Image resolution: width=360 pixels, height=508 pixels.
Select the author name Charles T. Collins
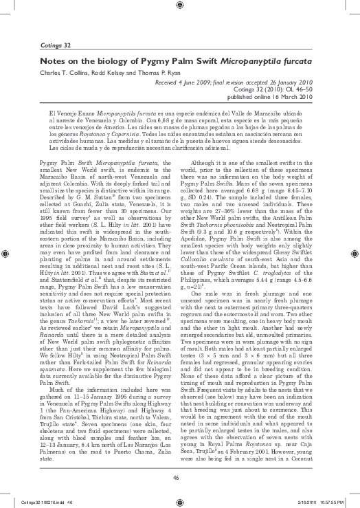65,73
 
